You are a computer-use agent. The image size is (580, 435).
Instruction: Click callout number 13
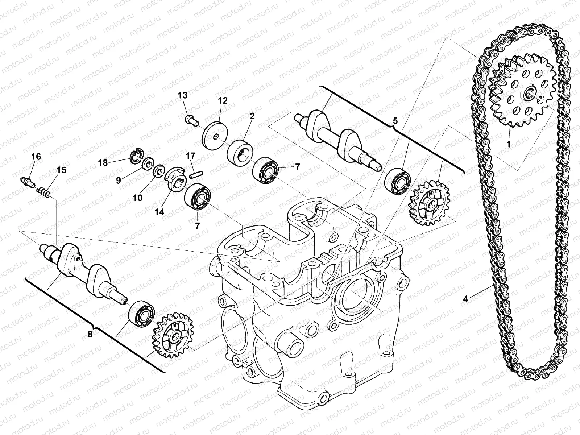tap(183, 96)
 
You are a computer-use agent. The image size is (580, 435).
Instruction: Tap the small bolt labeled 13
tap(190, 119)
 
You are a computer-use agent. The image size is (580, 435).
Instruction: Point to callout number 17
tap(191, 156)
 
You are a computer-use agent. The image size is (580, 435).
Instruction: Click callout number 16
tap(36, 157)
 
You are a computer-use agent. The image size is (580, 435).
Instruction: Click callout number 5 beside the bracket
tap(395, 120)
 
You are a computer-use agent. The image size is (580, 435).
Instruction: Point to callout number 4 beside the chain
tap(465, 299)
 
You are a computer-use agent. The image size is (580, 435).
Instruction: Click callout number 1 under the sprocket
tap(508, 144)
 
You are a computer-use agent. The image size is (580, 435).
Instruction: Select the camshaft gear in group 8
tap(173, 335)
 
